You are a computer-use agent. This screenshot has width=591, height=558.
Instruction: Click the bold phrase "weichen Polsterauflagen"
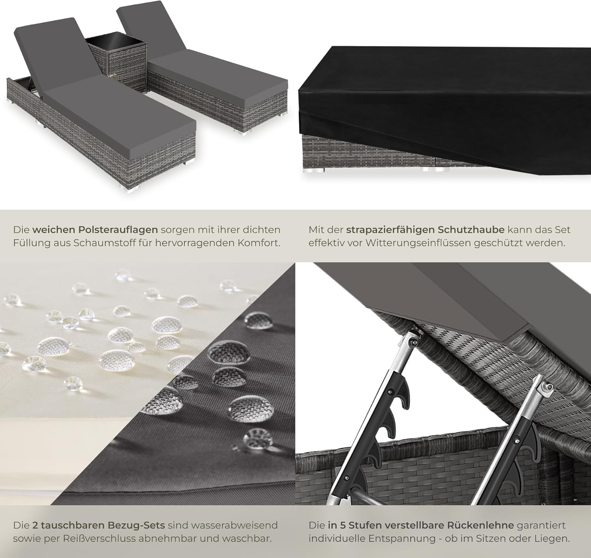click(x=95, y=230)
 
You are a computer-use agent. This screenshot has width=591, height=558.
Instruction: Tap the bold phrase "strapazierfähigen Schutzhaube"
click(x=425, y=230)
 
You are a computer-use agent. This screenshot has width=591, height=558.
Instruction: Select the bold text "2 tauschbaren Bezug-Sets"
click(x=98, y=525)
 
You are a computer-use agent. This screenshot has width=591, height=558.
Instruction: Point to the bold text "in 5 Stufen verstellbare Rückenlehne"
click(x=421, y=525)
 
